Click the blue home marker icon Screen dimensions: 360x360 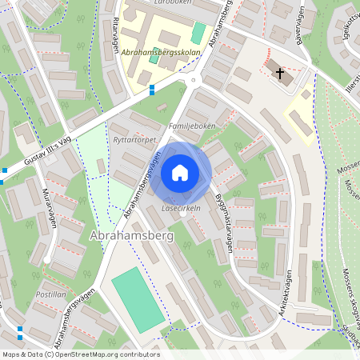click(180, 173)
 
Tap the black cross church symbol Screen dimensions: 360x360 click(280, 74)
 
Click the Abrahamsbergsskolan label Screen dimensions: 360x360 click(162, 52)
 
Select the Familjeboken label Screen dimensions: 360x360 click(193, 127)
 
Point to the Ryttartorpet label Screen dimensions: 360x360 click(134, 138)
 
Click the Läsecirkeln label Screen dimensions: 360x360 click(181, 208)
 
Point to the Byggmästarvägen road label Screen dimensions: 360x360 click(223, 223)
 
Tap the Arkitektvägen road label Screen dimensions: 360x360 click(269, 297)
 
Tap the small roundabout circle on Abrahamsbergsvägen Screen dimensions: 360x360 click(192, 81)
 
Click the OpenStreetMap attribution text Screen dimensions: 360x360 click(80, 354)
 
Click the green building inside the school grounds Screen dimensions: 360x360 click(198, 34)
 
